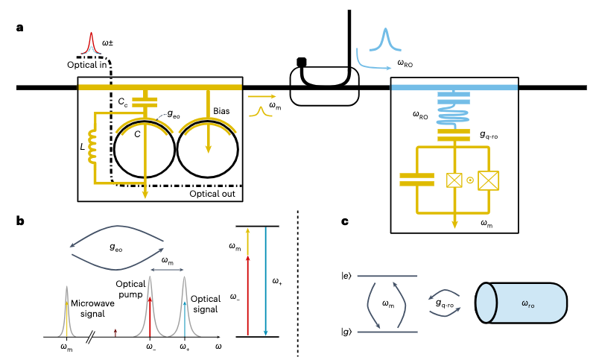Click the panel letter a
pos(19,28)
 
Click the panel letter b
pos(19,221)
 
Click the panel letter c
pos(344,221)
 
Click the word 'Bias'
pos(221,110)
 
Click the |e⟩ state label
pos(346,277)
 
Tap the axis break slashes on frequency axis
pos(89,337)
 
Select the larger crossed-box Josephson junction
pos(487,180)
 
